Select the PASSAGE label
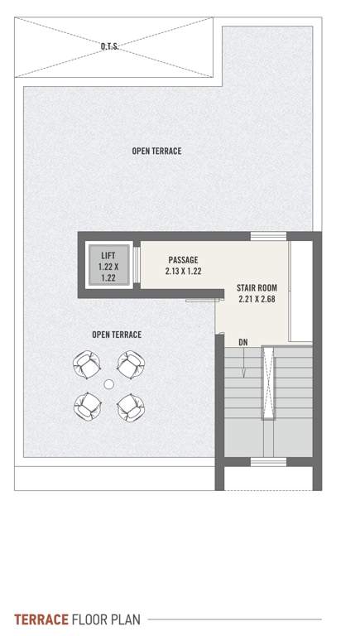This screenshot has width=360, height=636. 183,259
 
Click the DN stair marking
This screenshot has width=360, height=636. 242,341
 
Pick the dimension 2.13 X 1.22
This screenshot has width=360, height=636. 183,270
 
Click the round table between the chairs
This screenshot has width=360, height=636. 108,384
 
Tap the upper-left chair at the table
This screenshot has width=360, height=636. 87,363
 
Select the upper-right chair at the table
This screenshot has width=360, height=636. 129,363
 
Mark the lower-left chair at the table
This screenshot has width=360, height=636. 87,405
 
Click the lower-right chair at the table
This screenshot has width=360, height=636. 129,405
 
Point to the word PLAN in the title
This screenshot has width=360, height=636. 124,619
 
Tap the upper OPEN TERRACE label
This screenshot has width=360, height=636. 156,152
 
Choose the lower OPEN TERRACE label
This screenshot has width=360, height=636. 117,335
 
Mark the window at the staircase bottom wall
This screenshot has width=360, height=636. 268,460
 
